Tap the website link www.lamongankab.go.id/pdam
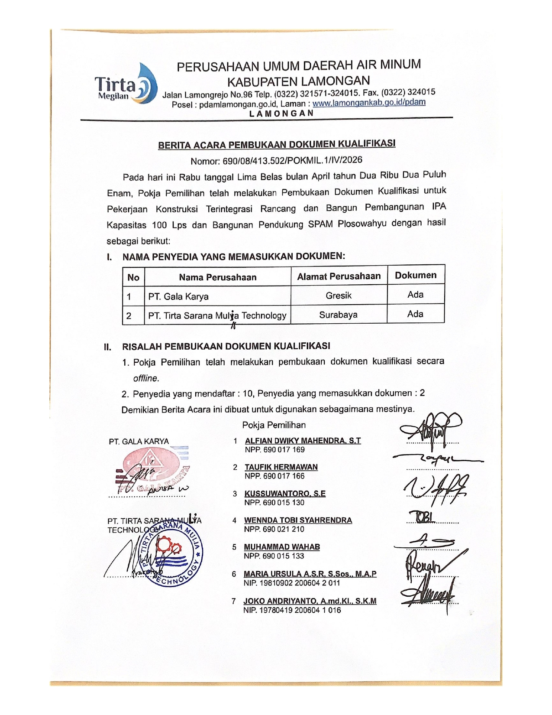(x=369, y=103)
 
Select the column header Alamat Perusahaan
(x=339, y=276)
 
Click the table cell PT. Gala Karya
(x=178, y=297)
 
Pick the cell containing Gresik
(x=339, y=296)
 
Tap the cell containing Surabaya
(x=338, y=315)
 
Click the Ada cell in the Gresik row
(x=415, y=295)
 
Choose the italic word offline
(x=146, y=378)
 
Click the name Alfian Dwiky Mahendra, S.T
(x=303, y=441)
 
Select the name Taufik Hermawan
(x=281, y=467)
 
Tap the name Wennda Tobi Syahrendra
(x=298, y=520)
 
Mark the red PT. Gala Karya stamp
(x=152, y=470)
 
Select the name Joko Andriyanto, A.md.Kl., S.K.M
(x=310, y=601)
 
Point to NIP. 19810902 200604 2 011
(x=292, y=583)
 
